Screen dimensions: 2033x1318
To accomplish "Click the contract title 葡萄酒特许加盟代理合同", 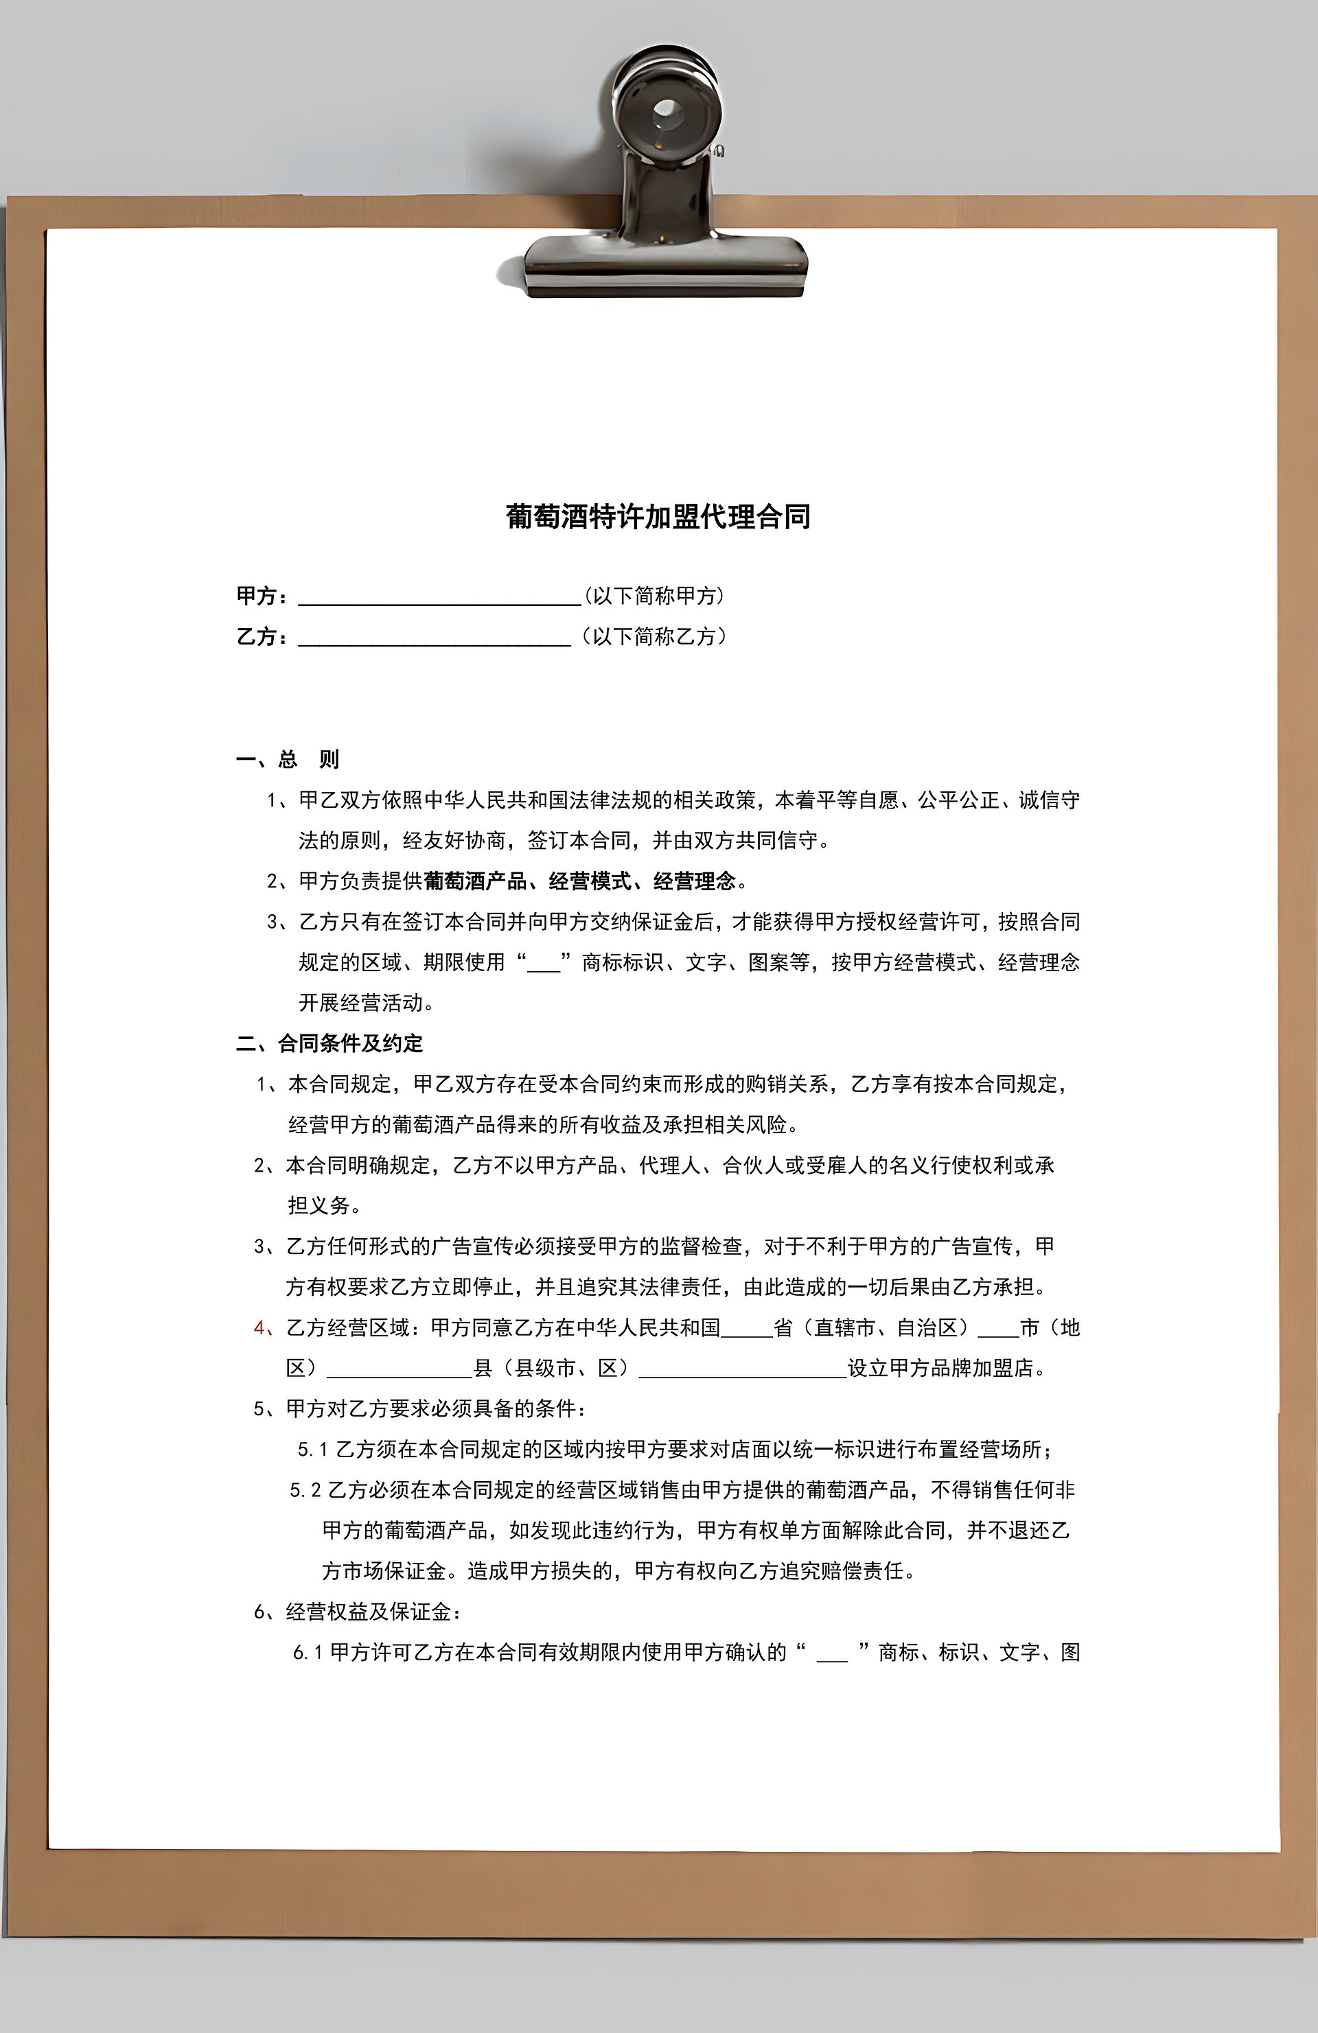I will tap(658, 517).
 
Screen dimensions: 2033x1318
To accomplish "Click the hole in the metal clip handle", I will tap(667, 111).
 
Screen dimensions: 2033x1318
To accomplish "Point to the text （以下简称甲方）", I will tap(654, 595).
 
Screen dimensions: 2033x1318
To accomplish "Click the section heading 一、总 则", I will tap(288, 759).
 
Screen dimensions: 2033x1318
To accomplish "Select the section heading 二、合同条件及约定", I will tap(329, 1043).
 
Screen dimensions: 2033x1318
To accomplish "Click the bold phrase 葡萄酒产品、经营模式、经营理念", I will tap(579, 881).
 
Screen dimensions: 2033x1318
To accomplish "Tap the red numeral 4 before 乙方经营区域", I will tap(259, 1327).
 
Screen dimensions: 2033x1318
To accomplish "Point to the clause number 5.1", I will tap(312, 1450).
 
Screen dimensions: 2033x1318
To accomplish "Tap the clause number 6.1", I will tap(308, 1653).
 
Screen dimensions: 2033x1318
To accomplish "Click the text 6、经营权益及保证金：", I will tap(358, 1612).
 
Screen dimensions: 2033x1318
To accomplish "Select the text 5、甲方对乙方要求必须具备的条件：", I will tap(420, 1408).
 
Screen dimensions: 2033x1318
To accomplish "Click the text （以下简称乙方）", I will tap(654, 636).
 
